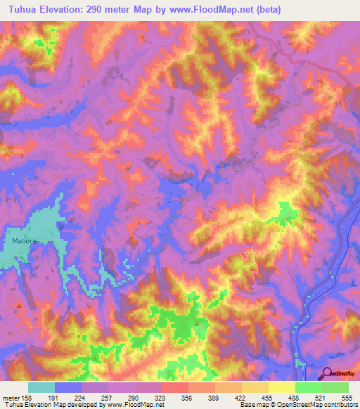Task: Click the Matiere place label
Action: (24, 240)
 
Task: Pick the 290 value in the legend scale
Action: (134, 397)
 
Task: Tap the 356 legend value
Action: (186, 397)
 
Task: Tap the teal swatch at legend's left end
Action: (41, 387)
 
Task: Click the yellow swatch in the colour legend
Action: (281, 387)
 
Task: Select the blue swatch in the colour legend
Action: (68, 387)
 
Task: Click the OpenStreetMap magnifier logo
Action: (327, 374)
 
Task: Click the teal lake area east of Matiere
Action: (49, 228)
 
